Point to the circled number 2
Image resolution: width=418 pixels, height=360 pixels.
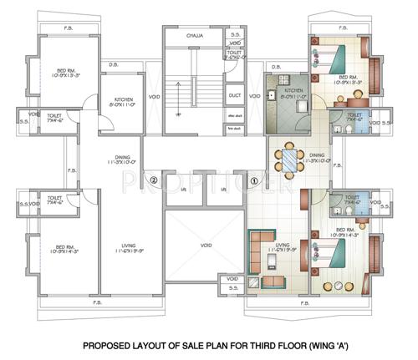pyautogui.click(x=153, y=180)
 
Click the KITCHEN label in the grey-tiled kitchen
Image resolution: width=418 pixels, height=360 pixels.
pyautogui.click(x=292, y=89)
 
